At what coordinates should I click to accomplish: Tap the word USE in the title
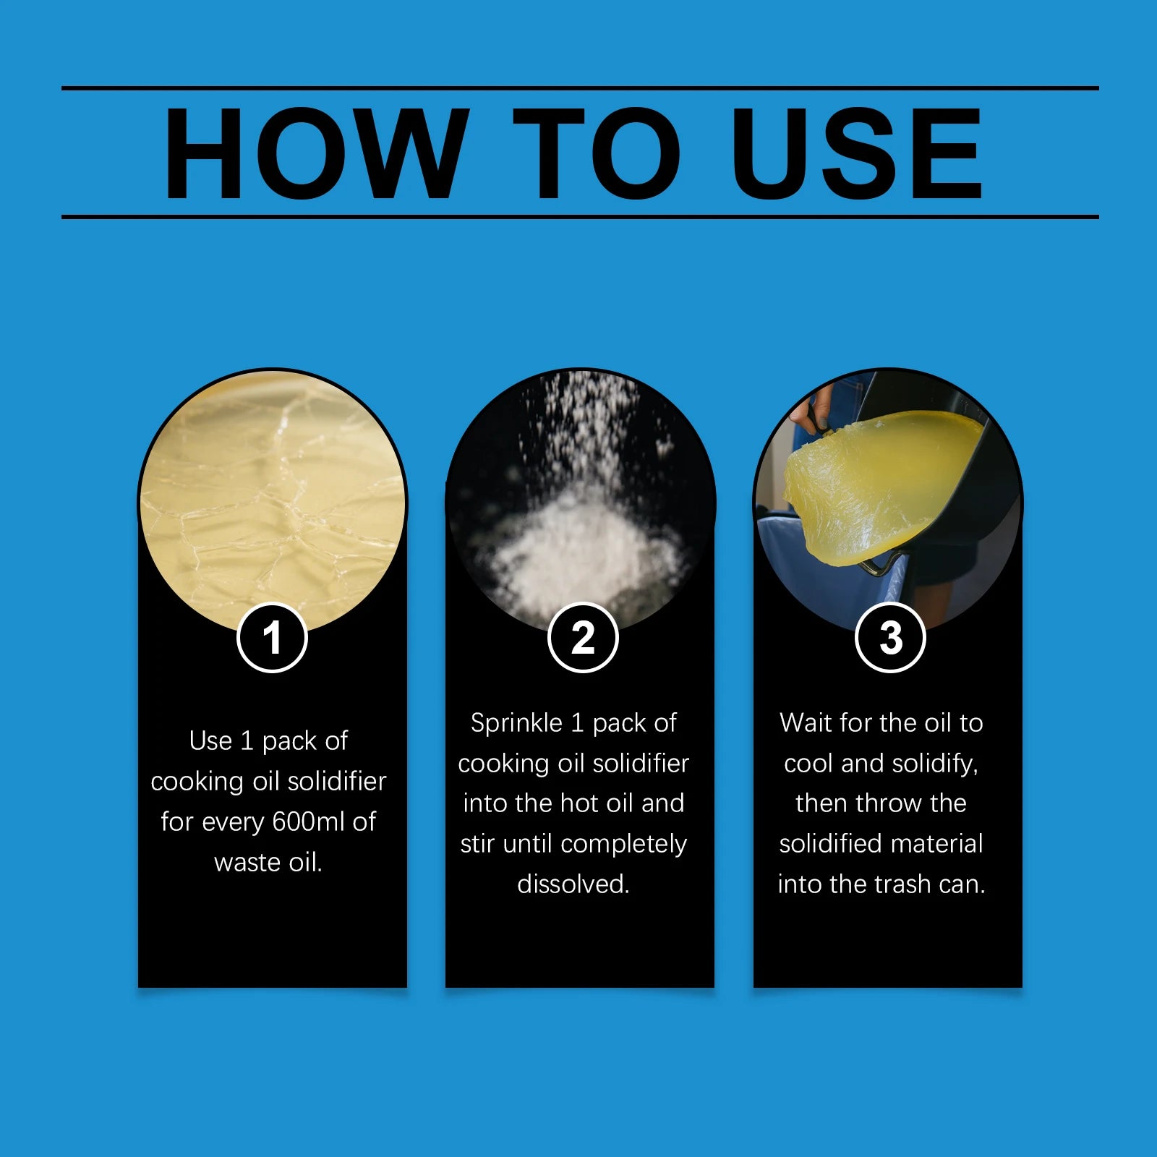(x=857, y=153)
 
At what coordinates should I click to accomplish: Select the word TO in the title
(x=597, y=153)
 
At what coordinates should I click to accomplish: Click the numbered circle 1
(x=272, y=638)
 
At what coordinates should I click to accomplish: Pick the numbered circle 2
(x=583, y=638)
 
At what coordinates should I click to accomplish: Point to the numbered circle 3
(x=890, y=638)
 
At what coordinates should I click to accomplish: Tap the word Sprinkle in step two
(x=516, y=723)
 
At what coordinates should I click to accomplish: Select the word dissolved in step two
(x=573, y=884)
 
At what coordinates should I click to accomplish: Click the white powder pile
(x=578, y=550)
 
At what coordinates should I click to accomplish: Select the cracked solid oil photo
(x=272, y=499)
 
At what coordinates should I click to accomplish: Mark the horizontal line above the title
(x=580, y=88)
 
